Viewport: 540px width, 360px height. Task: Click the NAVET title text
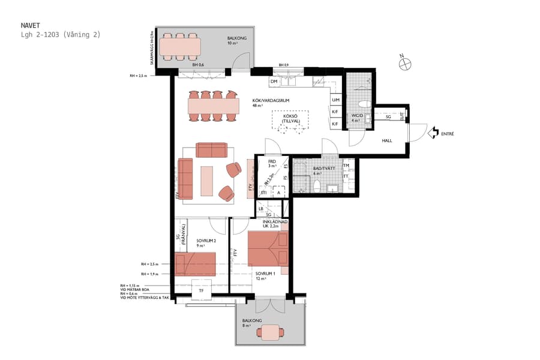point(30,26)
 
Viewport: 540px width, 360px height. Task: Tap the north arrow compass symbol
point(405,60)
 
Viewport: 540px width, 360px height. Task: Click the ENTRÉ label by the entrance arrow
point(447,134)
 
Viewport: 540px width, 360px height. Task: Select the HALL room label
point(387,140)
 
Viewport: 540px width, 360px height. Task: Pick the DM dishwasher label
point(274,82)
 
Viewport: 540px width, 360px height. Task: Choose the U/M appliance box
point(336,100)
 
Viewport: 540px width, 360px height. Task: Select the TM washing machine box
point(346,166)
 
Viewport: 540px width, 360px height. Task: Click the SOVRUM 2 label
point(206,241)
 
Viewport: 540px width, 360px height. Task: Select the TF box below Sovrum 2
point(201,292)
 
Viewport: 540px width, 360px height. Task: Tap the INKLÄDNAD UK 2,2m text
point(275,224)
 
